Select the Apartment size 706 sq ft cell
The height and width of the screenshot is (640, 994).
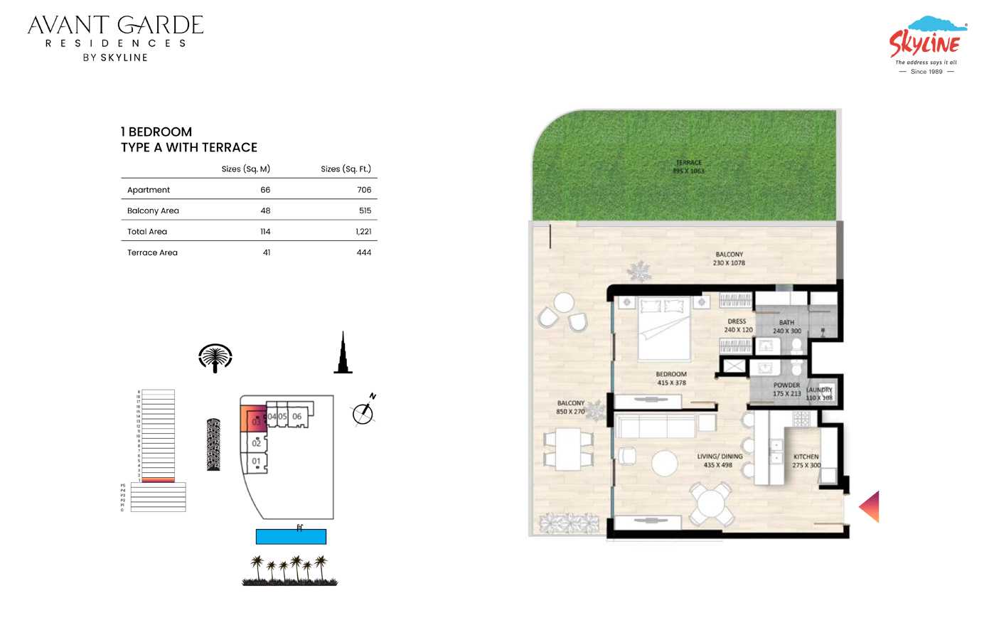[364, 190]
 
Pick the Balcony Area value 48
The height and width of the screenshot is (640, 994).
[265, 210]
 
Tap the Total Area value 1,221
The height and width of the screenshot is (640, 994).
[363, 232]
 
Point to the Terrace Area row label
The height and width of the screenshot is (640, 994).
[152, 252]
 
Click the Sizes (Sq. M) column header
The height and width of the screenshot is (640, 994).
[245, 169]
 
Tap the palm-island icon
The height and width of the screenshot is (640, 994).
[215, 358]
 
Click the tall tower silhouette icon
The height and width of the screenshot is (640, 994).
[343, 353]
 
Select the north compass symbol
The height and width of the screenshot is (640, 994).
[363, 412]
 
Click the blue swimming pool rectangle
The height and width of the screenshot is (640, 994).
[291, 537]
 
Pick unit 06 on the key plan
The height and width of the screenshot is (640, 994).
[296, 417]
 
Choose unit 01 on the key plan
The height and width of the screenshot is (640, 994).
[256, 462]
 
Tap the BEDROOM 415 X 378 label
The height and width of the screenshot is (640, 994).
[670, 378]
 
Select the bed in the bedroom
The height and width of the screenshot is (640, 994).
[663, 329]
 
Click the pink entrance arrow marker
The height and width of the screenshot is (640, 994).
[870, 506]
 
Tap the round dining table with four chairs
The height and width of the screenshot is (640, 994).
[710, 503]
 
